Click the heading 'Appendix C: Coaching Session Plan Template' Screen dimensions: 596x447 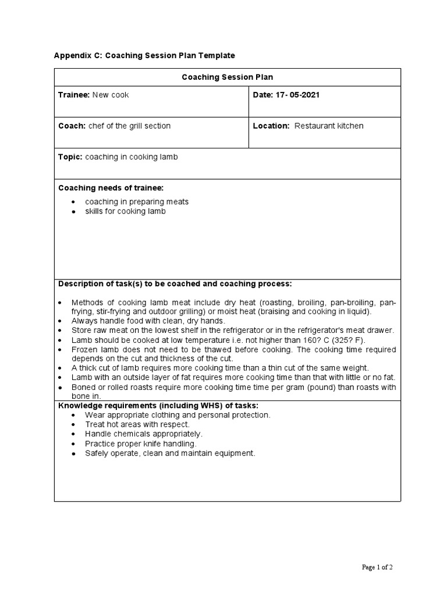click(x=144, y=56)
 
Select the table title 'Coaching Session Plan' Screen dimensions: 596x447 click(x=227, y=77)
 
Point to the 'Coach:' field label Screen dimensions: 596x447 click(x=72, y=126)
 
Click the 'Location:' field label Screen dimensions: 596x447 click(x=271, y=126)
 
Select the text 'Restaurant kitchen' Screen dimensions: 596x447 click(x=329, y=126)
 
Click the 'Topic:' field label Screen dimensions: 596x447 click(x=70, y=157)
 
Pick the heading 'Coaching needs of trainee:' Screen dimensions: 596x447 click(x=111, y=187)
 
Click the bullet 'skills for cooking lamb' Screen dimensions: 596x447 click(x=125, y=211)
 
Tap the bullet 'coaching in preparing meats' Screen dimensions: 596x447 click(x=137, y=201)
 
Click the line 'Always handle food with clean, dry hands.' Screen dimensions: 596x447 click(x=148, y=321)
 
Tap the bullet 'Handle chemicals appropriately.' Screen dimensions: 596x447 click(x=144, y=434)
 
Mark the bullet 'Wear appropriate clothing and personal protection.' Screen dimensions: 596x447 click(x=178, y=415)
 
